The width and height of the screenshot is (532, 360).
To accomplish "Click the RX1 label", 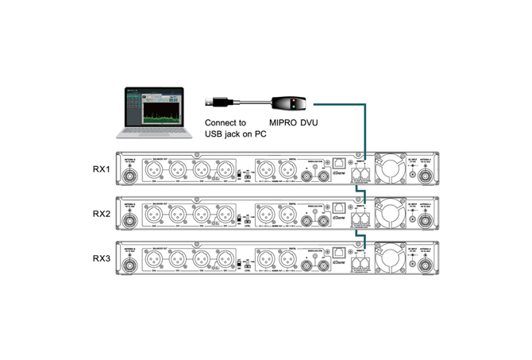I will click(101, 169).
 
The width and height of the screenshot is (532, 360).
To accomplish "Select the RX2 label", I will click(101, 214).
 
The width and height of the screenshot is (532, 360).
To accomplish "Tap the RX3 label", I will click(101, 258).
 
